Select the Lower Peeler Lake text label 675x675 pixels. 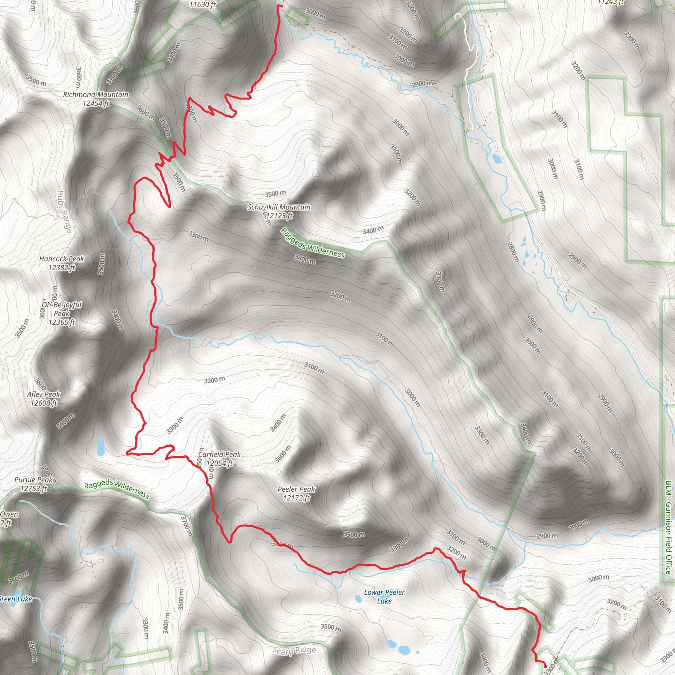[384, 596]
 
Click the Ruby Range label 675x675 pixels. [64, 212]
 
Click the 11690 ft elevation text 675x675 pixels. [203, 5]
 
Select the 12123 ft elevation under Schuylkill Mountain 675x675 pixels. [279, 216]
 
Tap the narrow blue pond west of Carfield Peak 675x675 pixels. [101, 447]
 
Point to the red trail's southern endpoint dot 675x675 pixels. [545, 657]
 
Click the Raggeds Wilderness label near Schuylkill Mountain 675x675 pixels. [313, 243]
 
